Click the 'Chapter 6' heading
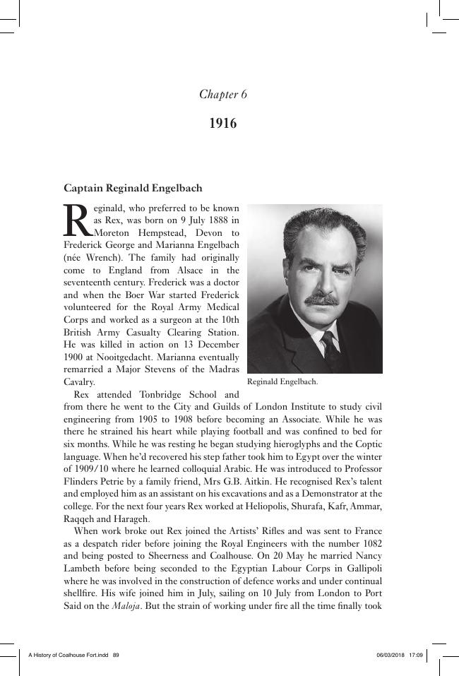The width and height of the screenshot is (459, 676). click(222, 95)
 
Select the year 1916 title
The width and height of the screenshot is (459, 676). click(222, 124)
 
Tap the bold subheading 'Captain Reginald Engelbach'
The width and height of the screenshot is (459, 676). click(133, 189)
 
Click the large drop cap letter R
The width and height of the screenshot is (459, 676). click(78, 220)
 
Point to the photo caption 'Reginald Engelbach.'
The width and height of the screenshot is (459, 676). click(282, 381)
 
